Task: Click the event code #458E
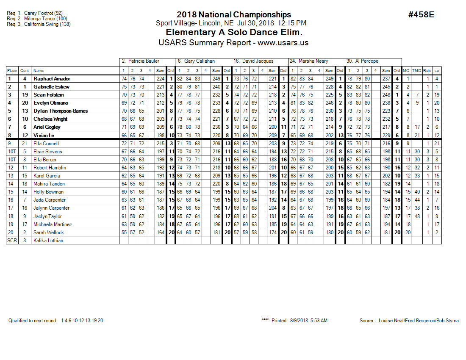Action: tap(421, 15)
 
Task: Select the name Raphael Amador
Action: tap(52, 79)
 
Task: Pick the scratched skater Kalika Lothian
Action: tap(48, 241)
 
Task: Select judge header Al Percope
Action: tap(363, 61)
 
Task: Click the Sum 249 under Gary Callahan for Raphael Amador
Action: tap(216, 79)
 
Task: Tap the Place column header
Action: tap(12, 71)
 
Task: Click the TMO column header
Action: tap(417, 71)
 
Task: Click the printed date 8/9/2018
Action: tap(298, 321)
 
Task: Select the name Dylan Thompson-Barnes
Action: tap(61, 111)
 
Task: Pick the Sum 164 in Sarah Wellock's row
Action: tap(160, 233)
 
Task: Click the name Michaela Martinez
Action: tap(53, 224)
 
